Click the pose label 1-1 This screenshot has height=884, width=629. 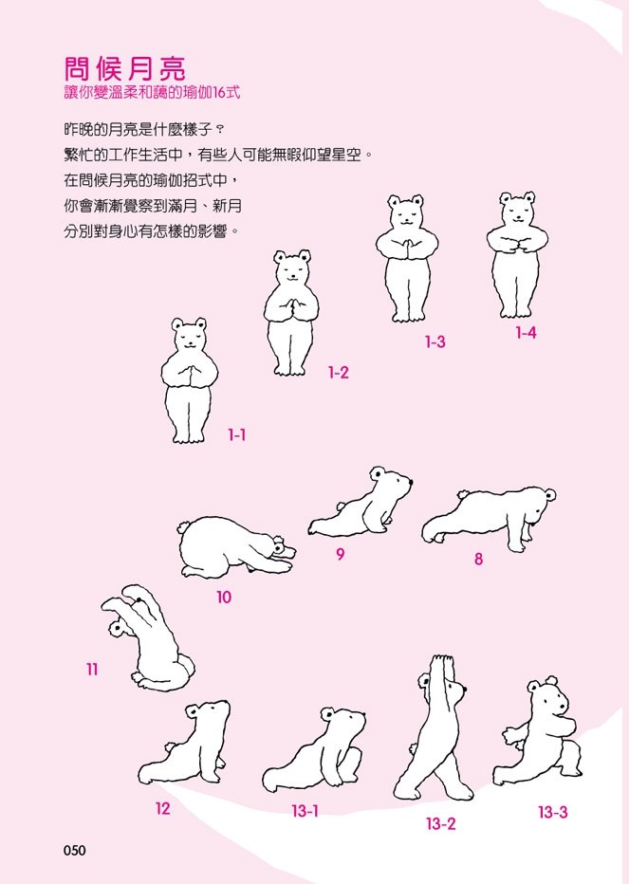[x=237, y=434]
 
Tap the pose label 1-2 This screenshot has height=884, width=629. [x=339, y=372]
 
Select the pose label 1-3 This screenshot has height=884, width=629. [x=435, y=341]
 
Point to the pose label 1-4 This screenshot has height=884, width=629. [x=526, y=333]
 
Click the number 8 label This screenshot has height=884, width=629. [x=478, y=559]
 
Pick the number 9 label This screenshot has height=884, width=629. [x=341, y=554]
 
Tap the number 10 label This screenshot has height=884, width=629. [x=224, y=597]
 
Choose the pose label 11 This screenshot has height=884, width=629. [x=92, y=670]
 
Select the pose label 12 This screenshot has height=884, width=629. [x=162, y=808]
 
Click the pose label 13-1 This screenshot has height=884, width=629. [x=305, y=811]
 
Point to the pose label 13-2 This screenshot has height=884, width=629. [x=440, y=823]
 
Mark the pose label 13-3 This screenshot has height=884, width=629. [x=553, y=813]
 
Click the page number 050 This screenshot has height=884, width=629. [x=74, y=850]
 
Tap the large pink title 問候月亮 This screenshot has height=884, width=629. [x=124, y=69]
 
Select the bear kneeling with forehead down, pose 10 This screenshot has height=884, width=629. [x=236, y=547]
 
